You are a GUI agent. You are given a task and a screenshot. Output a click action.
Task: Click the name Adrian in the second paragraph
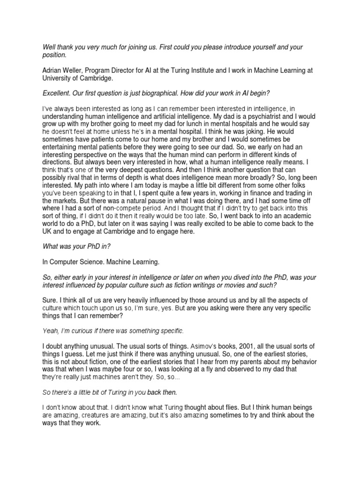click(x=52, y=70)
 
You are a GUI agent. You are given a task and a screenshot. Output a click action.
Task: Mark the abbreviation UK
click(x=48, y=232)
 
